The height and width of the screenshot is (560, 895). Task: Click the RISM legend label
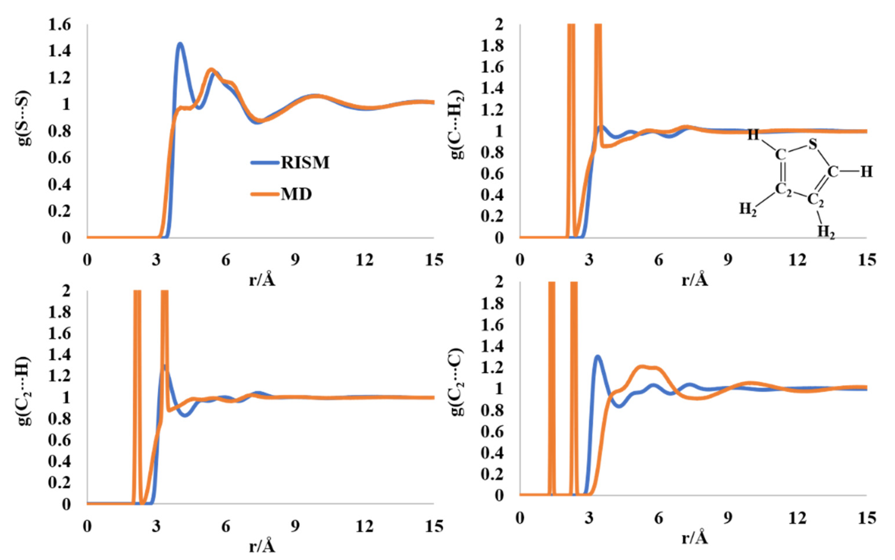pos(305,162)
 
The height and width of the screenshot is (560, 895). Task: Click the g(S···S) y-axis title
pos(24,118)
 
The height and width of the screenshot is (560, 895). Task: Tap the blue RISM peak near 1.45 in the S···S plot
pos(180,44)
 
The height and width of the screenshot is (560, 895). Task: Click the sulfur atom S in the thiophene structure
pos(813,144)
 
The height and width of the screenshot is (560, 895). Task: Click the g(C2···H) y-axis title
pos(24,391)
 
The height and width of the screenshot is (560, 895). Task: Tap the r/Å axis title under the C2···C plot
pos(695,538)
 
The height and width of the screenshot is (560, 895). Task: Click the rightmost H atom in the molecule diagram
pos(866,172)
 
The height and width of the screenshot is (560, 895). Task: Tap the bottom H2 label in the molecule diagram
pos(826,232)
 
